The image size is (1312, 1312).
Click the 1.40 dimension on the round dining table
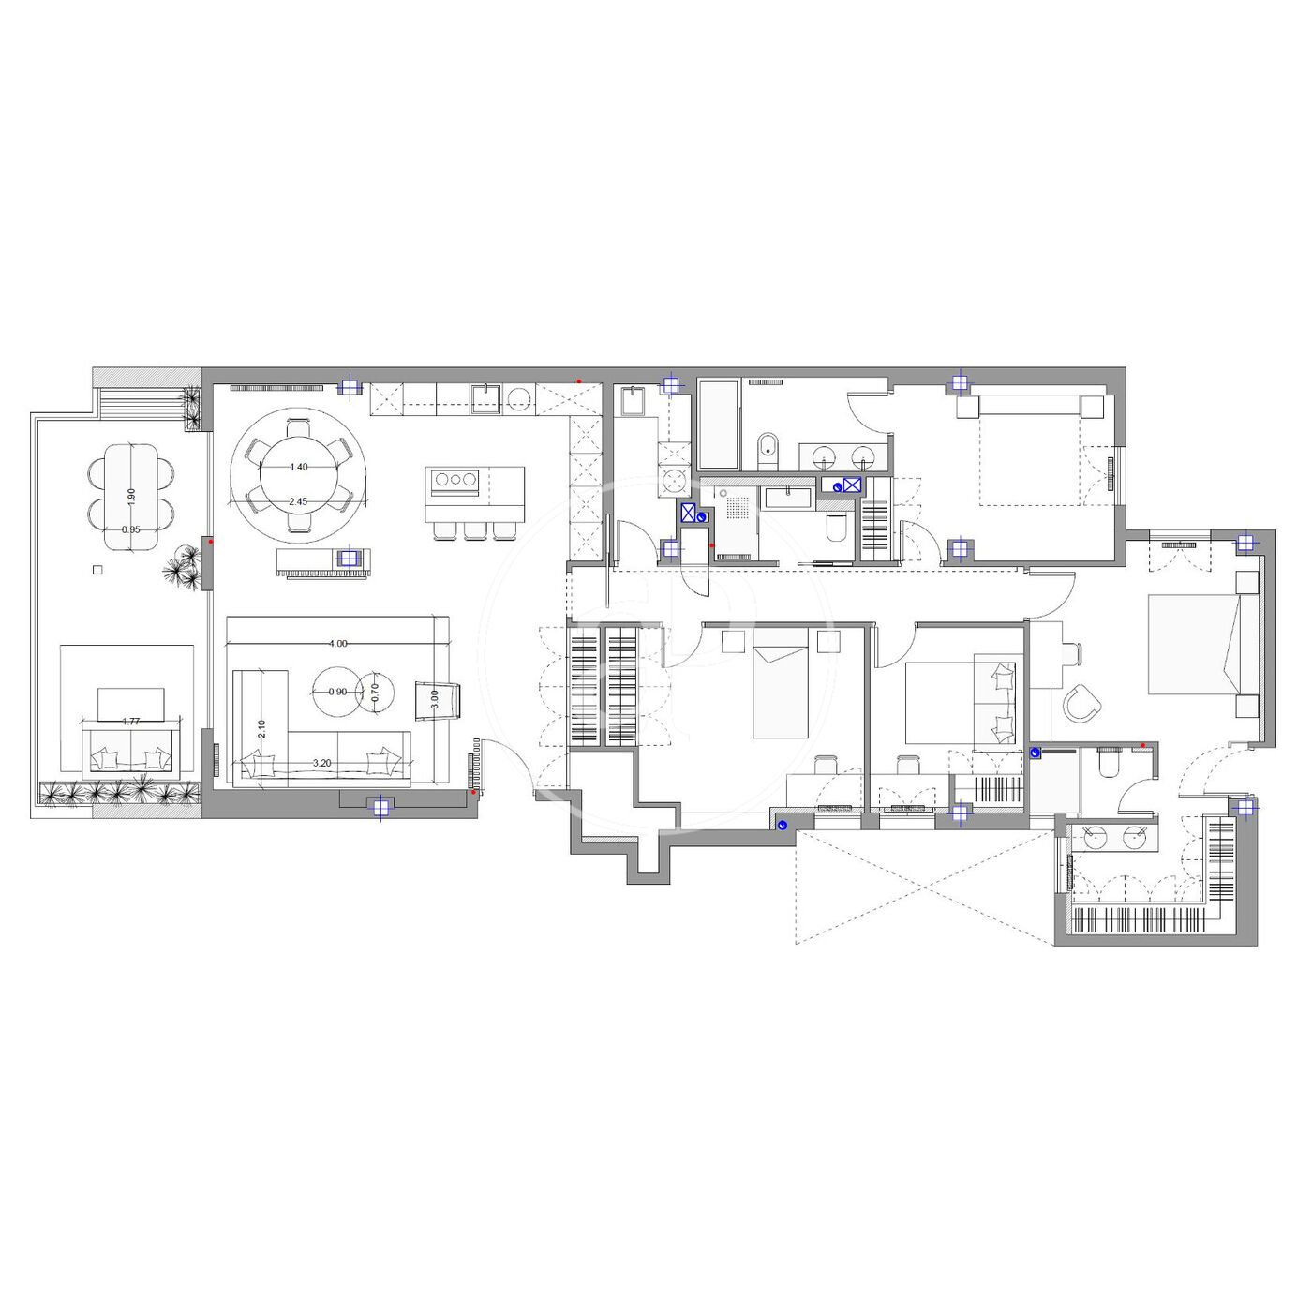click(299, 467)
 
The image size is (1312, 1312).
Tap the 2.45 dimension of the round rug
click(298, 501)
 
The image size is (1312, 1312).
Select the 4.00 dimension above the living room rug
click(337, 643)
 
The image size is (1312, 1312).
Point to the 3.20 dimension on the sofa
click(322, 763)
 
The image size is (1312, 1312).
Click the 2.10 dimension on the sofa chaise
click(261, 728)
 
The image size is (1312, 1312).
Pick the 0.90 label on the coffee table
click(337, 691)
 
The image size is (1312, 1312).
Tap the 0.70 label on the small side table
click(374, 693)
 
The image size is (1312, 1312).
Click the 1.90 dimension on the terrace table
click(131, 495)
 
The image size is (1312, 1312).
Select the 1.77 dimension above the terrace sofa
click(130, 721)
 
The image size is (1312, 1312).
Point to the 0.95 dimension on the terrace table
click(130, 529)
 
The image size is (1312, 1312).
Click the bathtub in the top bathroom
click(718, 425)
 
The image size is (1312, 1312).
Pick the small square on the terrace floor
click(97, 570)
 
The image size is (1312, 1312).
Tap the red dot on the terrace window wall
click(210, 542)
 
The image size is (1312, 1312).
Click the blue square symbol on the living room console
click(349, 559)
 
